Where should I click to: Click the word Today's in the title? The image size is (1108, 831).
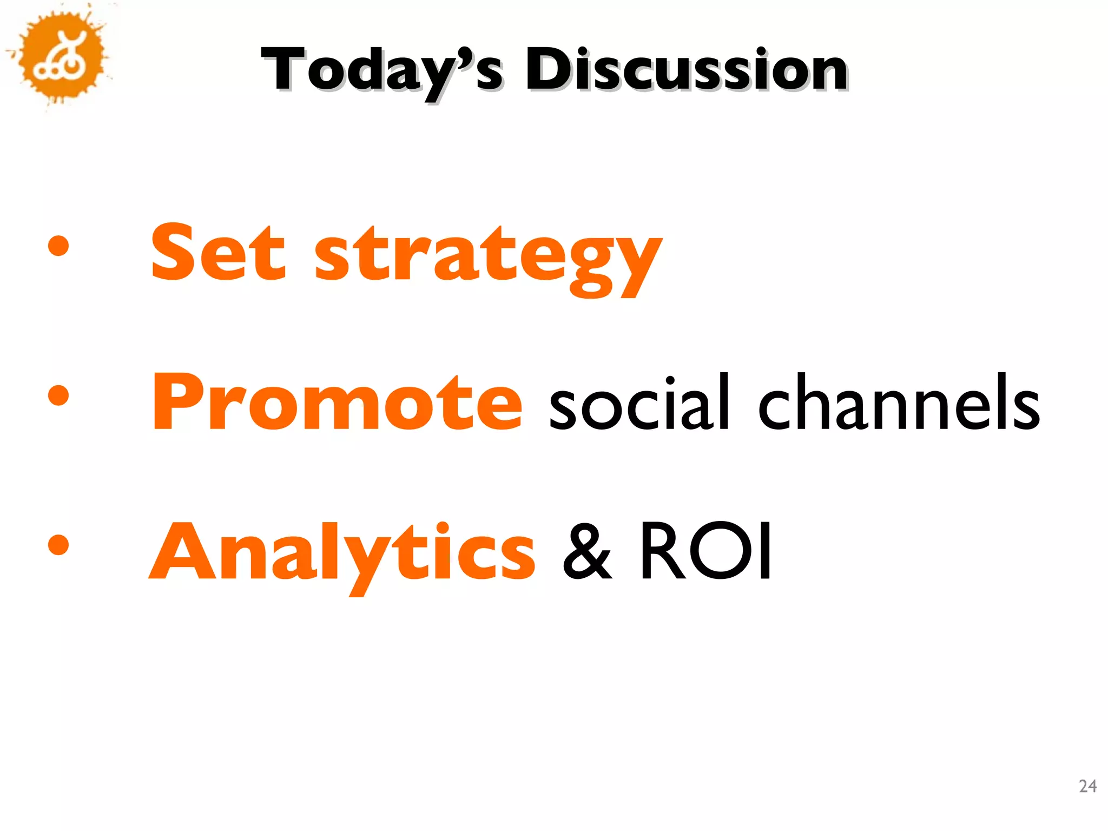pos(382,70)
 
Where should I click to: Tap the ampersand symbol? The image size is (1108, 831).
pos(587,552)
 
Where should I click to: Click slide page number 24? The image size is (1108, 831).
pos(1087,786)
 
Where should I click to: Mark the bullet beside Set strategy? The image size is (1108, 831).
pos(58,247)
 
